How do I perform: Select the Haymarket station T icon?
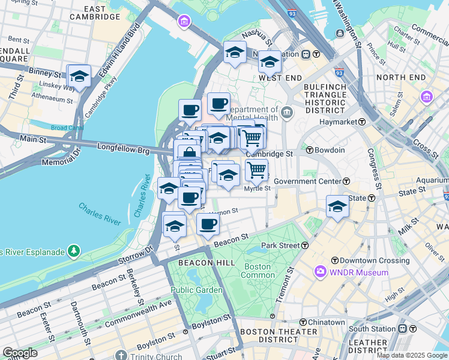(x=363, y=122)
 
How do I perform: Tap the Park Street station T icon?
(x=306, y=245)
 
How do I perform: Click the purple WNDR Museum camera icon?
(x=320, y=272)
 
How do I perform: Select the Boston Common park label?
(x=258, y=271)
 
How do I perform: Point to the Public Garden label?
(x=196, y=290)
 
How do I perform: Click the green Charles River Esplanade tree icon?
(x=73, y=250)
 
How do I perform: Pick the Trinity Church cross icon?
(x=122, y=356)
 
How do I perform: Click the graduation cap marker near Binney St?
(x=79, y=77)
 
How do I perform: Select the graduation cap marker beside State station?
(x=338, y=207)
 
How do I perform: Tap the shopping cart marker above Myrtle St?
(x=257, y=170)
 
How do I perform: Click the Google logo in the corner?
(x=20, y=353)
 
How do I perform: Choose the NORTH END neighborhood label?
(x=400, y=77)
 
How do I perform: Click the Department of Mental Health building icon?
(x=287, y=112)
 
